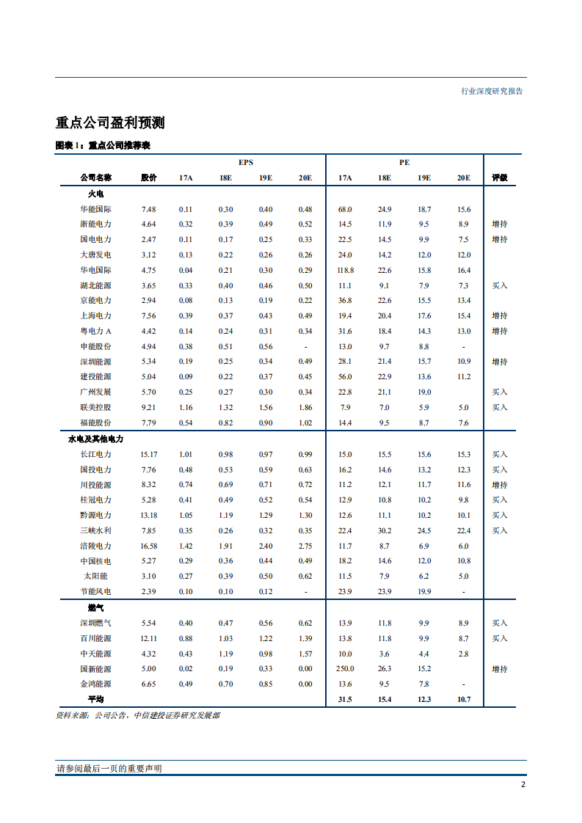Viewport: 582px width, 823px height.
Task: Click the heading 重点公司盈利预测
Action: click(x=114, y=122)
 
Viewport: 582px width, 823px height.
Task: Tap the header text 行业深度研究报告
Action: click(x=492, y=92)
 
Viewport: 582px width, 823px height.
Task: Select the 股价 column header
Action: click(x=149, y=178)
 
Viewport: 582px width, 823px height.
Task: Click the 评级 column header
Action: click(x=500, y=178)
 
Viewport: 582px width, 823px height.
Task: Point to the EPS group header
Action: click(x=246, y=162)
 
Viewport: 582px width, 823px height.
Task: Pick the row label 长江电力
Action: click(x=96, y=455)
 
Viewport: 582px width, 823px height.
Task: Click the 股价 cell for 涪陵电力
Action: click(x=149, y=546)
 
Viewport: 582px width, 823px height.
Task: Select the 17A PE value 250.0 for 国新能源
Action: click(x=345, y=669)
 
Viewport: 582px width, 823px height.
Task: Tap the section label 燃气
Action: click(x=96, y=608)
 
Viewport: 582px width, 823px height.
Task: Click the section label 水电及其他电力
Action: click(x=96, y=439)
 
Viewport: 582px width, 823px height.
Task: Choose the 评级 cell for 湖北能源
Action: click(x=500, y=285)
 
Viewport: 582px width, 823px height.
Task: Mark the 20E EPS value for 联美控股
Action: click(x=305, y=407)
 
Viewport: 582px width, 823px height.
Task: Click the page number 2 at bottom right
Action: click(x=523, y=784)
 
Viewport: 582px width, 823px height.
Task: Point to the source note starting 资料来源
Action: click(x=138, y=715)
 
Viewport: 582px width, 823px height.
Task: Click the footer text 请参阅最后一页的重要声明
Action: click(x=109, y=768)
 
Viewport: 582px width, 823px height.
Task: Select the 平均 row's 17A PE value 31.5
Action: click(x=345, y=700)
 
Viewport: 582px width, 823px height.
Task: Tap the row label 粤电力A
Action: click(x=96, y=331)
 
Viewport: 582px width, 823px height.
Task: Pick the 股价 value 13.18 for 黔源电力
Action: click(x=149, y=515)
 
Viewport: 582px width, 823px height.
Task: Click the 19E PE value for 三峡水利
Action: click(x=424, y=530)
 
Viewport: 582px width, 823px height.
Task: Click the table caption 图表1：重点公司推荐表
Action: click(x=103, y=146)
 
